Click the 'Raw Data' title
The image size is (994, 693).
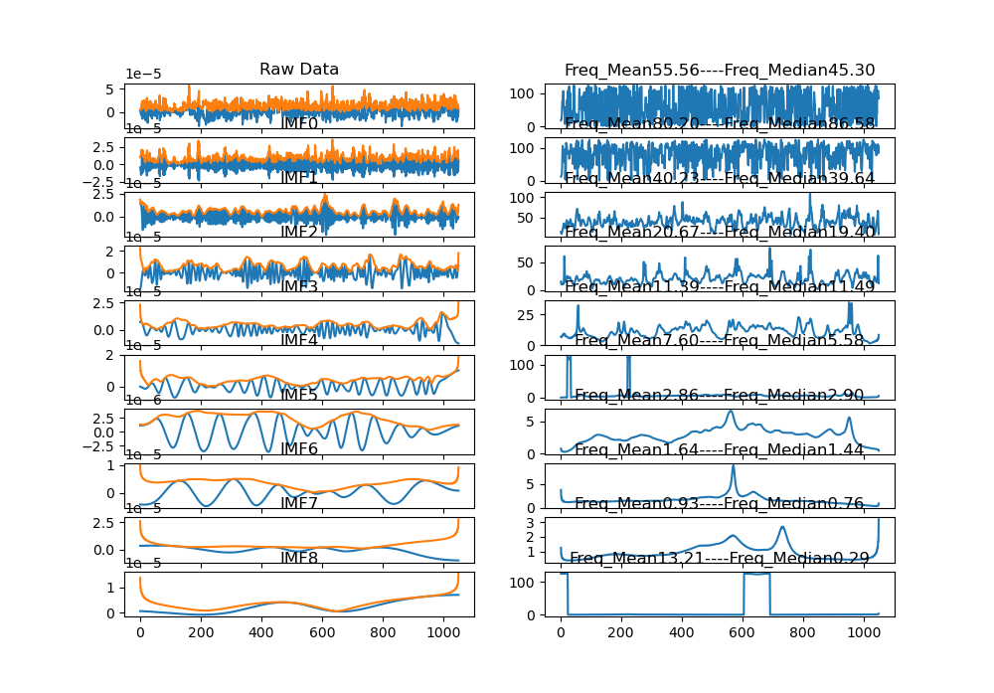(x=299, y=70)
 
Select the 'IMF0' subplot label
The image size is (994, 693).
(x=299, y=123)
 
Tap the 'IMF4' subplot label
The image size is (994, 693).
(x=299, y=340)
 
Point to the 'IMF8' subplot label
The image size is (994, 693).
(x=299, y=558)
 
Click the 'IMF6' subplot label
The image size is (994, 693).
(x=299, y=449)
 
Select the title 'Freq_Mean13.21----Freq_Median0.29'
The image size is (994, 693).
(x=720, y=558)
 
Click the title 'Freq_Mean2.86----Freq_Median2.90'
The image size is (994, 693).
(x=720, y=395)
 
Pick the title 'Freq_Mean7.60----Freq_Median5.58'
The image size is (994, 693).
(x=720, y=340)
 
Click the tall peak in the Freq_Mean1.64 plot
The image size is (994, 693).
(x=734, y=466)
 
